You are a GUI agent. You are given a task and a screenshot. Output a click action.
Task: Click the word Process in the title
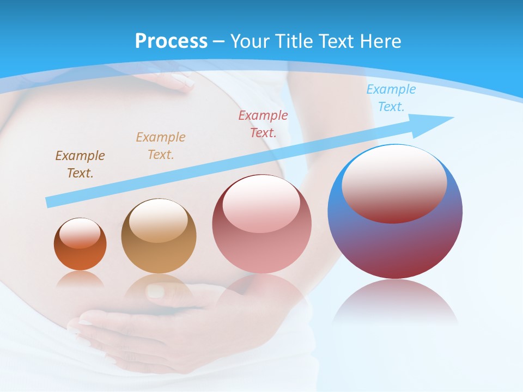[x=171, y=41]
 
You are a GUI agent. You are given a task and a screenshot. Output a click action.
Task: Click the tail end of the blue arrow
[x=49, y=202]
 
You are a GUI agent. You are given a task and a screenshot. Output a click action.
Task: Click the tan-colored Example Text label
[x=160, y=145]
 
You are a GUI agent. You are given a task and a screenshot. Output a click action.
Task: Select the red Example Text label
[x=263, y=124]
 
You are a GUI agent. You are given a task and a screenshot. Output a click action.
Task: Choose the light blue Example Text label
[x=391, y=98]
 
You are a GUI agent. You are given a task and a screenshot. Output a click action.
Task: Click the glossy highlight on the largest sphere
[x=394, y=182]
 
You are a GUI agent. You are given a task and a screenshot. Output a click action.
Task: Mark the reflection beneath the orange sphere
[x=80, y=279]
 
